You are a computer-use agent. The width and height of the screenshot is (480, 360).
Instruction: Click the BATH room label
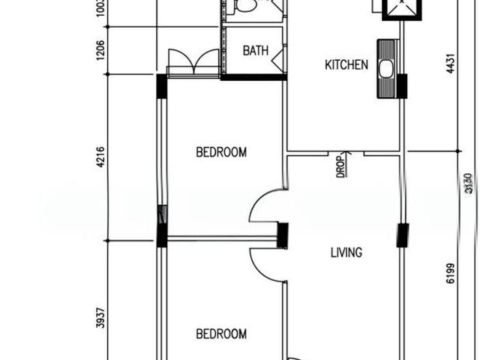(255, 51)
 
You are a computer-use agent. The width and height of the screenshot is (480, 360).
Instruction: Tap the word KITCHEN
(346, 65)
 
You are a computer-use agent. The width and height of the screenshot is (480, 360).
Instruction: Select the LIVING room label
(346, 253)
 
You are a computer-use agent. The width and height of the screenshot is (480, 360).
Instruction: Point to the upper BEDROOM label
(221, 152)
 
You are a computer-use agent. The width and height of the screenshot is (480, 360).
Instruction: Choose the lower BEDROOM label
(221, 334)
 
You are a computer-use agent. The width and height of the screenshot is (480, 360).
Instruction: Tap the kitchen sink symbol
(386, 69)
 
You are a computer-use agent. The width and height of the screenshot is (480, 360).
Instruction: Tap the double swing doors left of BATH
(193, 61)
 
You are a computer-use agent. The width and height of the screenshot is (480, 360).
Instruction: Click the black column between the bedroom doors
(283, 235)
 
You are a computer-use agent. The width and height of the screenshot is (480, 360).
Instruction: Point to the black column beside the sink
(402, 86)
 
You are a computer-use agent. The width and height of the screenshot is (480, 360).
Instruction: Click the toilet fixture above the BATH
(245, 7)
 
